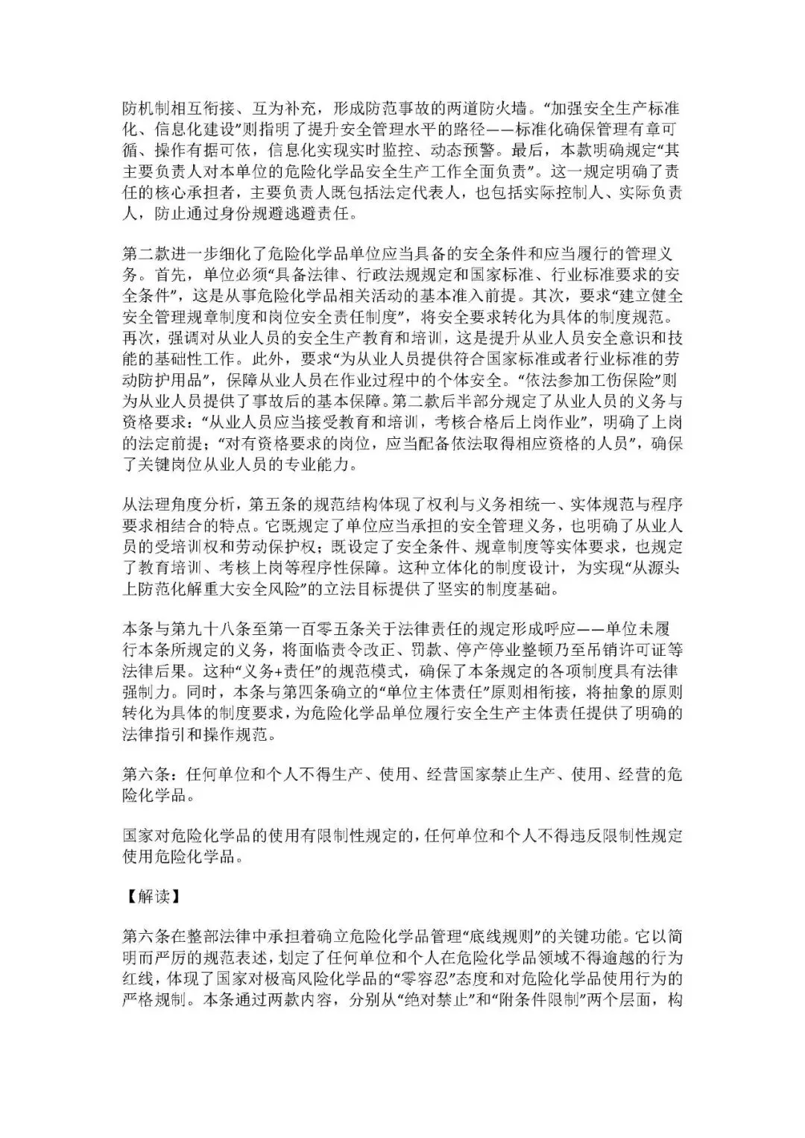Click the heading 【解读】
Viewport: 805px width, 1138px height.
(x=152, y=897)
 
